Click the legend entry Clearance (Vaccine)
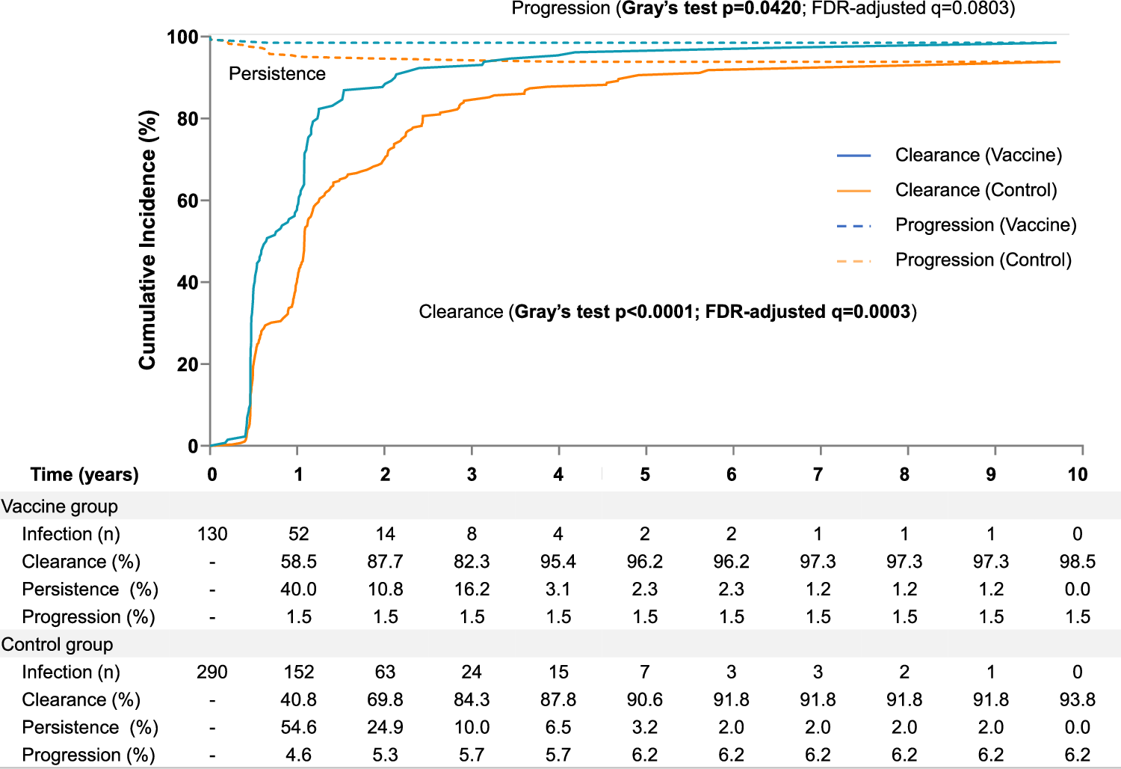pos(978,155)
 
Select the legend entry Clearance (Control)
pos(975,190)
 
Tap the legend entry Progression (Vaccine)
pos(985,225)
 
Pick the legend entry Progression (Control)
pos(983,260)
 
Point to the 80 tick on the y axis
pos(188,119)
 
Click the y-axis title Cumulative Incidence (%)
pos(147,239)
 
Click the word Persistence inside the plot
pos(277,74)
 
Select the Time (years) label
pos(84,475)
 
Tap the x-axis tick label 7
pos(818,475)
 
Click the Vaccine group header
pos(60,506)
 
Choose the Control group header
pos(58,645)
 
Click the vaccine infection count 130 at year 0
pos(212,534)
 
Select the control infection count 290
pos(212,673)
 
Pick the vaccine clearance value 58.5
pos(298,562)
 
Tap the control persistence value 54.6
pos(298,728)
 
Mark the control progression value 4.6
pos(298,756)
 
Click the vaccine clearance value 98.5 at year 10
pos(1077,562)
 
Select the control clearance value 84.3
pos(472,700)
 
